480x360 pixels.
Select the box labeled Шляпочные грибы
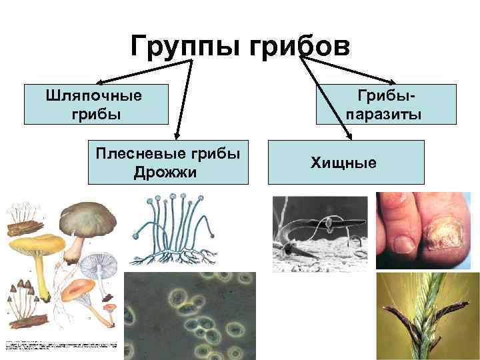coord(95,105)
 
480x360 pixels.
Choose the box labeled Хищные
coord(345,162)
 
